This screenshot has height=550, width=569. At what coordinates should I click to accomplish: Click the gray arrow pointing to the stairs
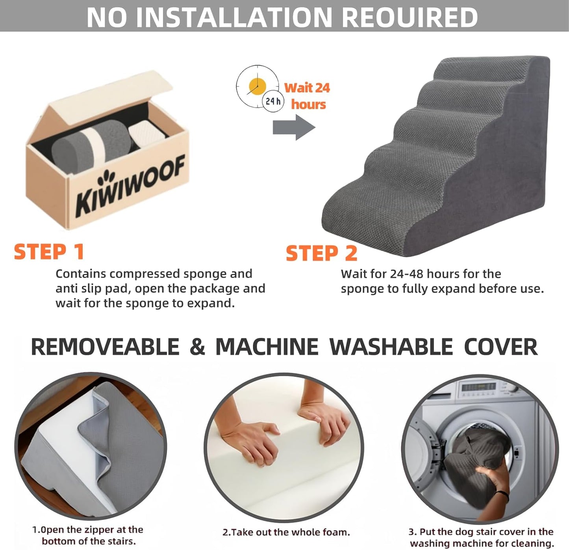[294, 127]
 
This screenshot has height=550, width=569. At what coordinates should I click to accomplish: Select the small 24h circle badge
[272, 101]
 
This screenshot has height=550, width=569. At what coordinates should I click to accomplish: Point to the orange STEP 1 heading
[49, 252]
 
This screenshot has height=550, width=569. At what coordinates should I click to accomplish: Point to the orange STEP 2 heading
[321, 253]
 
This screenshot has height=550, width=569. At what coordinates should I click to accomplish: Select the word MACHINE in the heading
[267, 347]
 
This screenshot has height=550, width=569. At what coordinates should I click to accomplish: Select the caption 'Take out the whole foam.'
[286, 532]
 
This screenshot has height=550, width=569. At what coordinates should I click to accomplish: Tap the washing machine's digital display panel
[478, 388]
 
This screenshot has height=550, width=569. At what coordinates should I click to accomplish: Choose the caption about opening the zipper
[87, 535]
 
